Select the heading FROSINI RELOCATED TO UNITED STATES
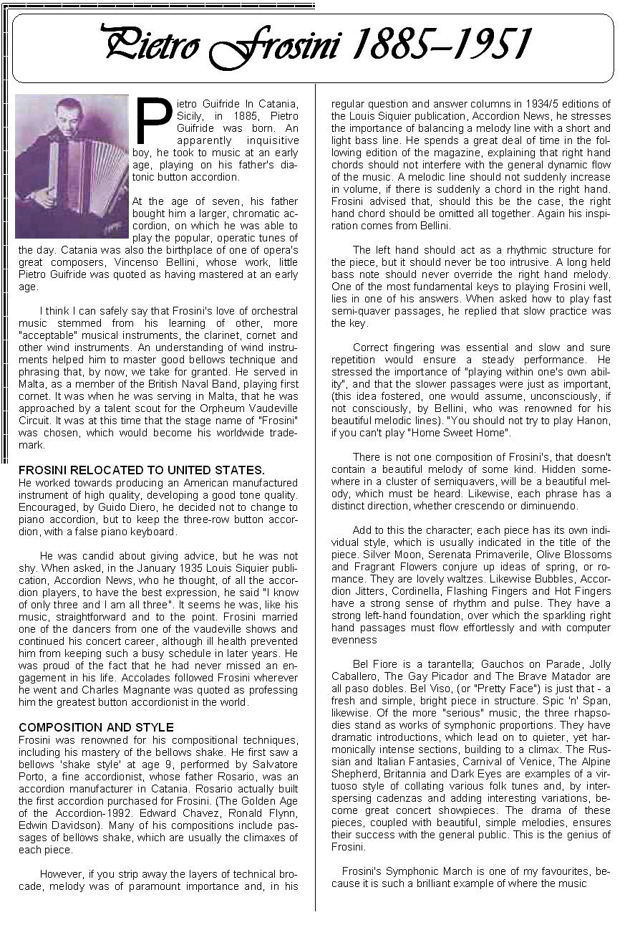142,470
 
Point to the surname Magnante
154,691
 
